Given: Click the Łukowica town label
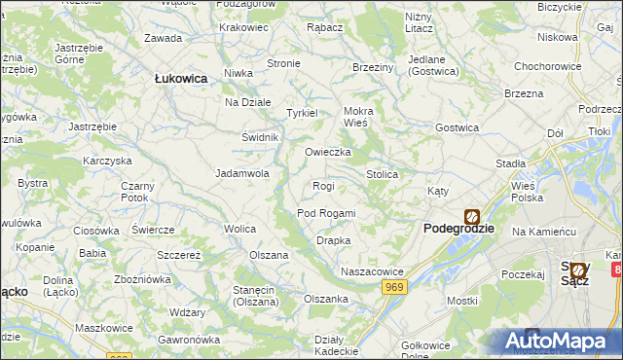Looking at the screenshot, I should [x=181, y=80].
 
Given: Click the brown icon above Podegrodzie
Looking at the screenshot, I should [x=471, y=217].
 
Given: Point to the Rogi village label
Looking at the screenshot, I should [x=323, y=186].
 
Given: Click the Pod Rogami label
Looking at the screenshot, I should [x=326, y=213].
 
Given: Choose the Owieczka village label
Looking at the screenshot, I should [x=328, y=153].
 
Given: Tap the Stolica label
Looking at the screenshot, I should [x=382, y=174].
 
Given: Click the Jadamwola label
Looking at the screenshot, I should [x=241, y=174].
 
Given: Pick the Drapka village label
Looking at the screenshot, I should [x=333, y=240].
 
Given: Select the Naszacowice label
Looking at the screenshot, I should [x=371, y=270].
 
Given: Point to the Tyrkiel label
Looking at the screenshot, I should [x=302, y=113].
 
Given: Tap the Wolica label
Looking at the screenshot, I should [x=239, y=229].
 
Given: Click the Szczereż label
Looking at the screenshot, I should [x=179, y=255].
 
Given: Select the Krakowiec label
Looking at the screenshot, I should [x=243, y=27].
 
